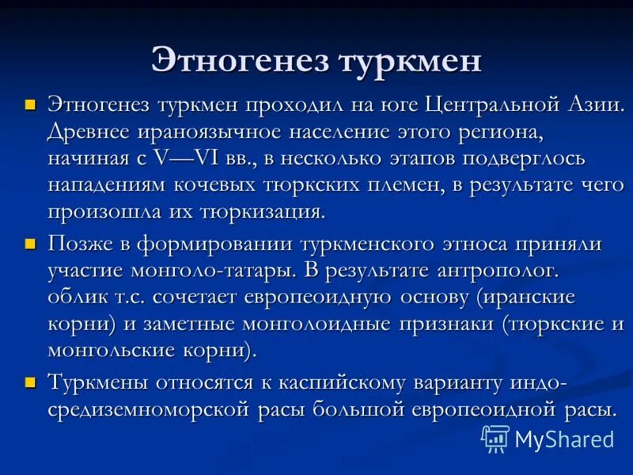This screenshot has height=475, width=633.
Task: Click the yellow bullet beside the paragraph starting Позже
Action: (31, 243)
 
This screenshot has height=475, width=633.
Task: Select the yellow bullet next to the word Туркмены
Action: (31, 382)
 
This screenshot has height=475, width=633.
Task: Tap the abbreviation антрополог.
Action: (498, 271)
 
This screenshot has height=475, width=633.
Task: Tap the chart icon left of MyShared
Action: (495, 439)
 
